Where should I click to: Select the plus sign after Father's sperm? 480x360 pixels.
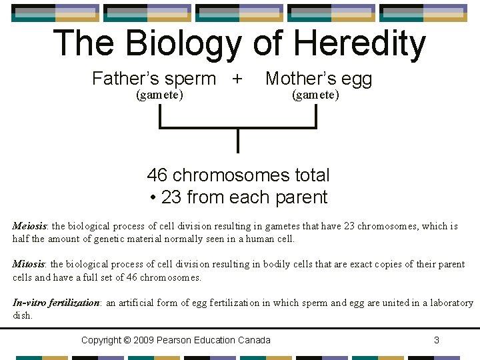click(237, 79)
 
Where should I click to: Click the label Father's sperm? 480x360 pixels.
click(154, 79)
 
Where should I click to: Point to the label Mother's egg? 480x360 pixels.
click(319, 79)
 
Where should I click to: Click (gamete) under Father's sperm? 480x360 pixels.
click(159, 95)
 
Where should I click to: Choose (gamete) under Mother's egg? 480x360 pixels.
click(316, 95)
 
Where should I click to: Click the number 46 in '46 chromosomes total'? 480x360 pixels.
click(157, 175)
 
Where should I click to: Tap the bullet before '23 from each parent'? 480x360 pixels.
click(153, 198)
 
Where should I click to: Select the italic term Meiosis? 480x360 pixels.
click(29, 226)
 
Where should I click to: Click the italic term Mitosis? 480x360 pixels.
click(28, 264)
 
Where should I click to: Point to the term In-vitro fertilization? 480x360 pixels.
click(55, 303)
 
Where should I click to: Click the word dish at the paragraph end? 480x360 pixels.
click(21, 315)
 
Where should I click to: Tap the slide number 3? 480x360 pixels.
click(437, 341)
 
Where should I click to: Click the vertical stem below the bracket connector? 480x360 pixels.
click(238, 140)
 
